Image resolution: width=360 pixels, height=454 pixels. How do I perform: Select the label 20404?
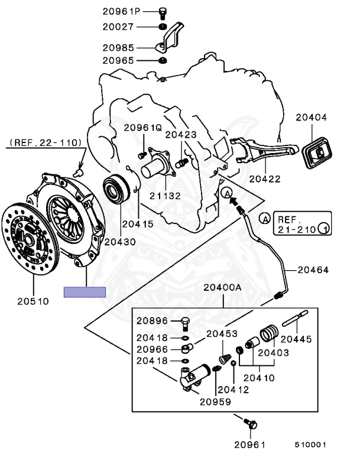313,118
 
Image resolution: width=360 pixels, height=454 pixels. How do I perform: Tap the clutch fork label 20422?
264,179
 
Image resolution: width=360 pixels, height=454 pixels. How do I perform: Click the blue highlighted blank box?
85,291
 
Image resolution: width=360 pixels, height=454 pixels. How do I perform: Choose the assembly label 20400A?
222,287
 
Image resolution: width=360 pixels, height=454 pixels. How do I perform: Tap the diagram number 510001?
311,445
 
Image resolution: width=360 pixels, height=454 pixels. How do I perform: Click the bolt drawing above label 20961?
250,423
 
